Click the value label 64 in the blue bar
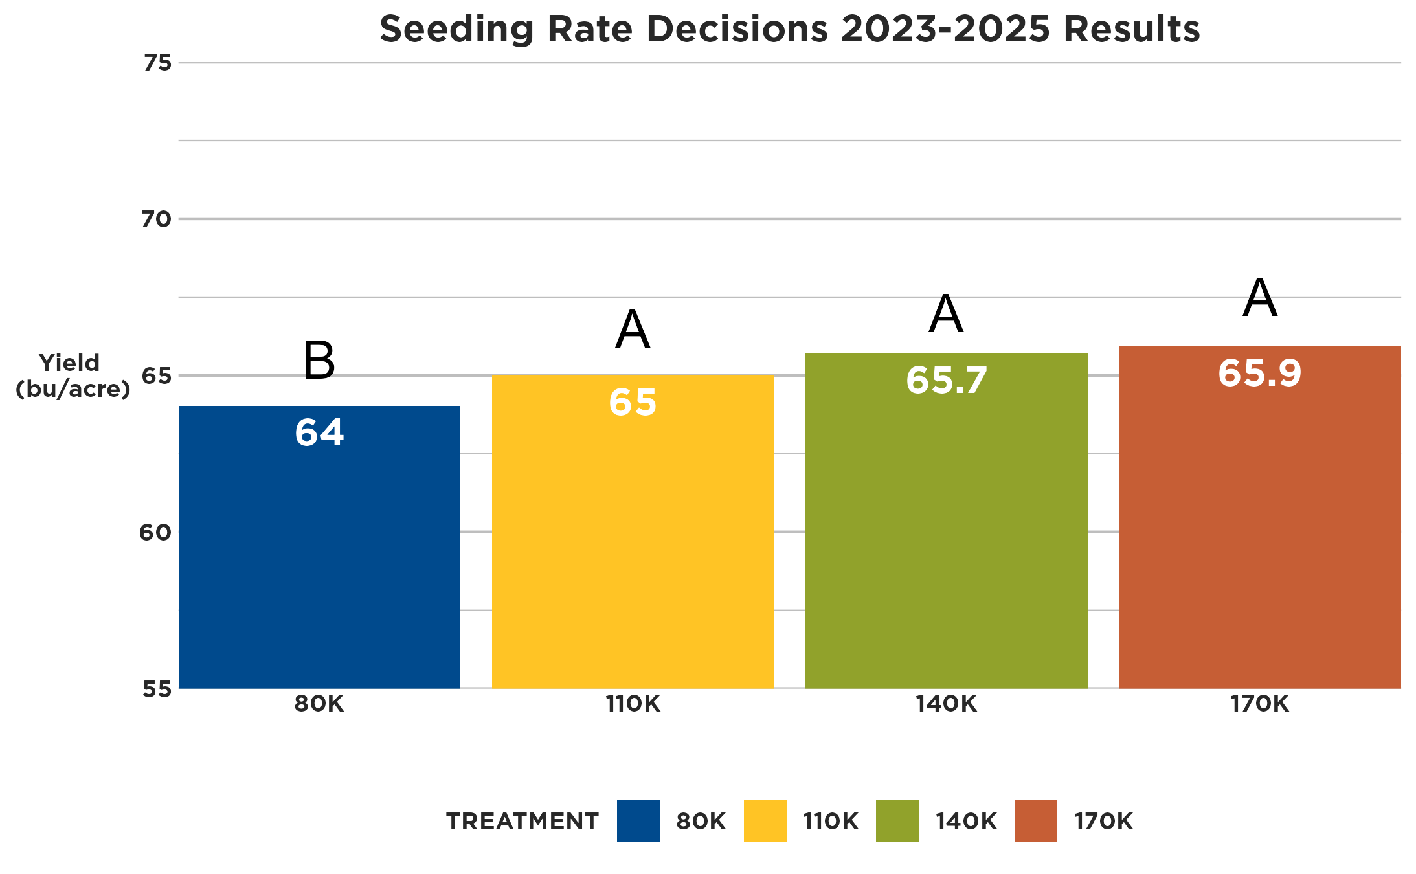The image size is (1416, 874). (319, 432)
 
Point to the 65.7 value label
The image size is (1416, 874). (946, 380)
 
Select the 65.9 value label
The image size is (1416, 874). (1259, 373)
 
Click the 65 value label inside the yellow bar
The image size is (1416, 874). (633, 402)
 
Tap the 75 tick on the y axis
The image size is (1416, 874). (157, 63)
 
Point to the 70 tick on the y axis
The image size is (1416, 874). (156, 219)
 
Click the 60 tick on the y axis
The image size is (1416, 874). (155, 532)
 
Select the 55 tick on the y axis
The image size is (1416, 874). (157, 689)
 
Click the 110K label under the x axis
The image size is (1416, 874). (633, 704)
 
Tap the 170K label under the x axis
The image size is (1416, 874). (1259, 704)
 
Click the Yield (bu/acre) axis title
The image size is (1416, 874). (73, 375)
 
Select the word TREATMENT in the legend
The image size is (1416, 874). (523, 821)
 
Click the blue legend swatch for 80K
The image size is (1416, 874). (638, 821)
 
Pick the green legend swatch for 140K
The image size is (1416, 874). (897, 821)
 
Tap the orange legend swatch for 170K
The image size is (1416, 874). (1035, 821)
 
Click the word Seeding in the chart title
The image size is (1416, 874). (456, 29)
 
